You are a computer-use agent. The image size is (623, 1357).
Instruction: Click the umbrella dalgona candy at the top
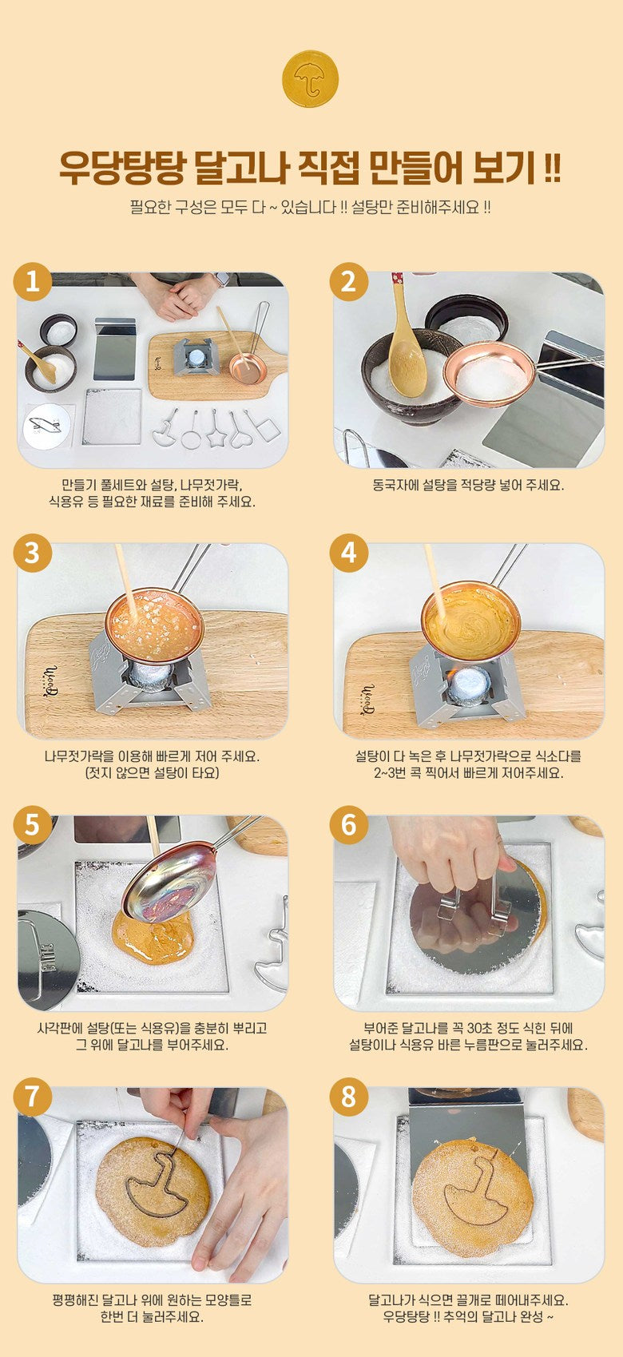point(310,79)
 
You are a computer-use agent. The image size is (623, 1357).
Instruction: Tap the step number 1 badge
point(33,282)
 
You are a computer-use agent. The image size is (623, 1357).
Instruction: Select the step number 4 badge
point(349,553)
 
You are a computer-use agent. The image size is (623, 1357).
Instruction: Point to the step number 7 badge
point(33,1097)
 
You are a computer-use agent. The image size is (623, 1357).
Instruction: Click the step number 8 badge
point(349,1097)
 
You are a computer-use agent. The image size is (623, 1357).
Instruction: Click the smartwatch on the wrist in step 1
point(222,280)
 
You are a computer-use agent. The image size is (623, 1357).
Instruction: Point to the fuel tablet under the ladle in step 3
point(149,675)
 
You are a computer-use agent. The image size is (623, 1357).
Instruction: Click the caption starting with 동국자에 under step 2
point(468,486)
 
